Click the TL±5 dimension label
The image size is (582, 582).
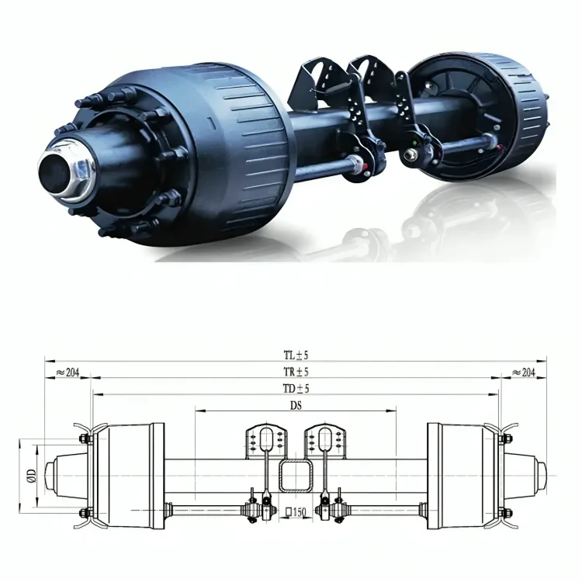coord(296,355)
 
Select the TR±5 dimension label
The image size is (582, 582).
coord(296,372)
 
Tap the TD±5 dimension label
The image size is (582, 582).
coord(296,388)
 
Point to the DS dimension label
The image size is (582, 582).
coord(295,405)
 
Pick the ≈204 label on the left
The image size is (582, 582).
coord(68,372)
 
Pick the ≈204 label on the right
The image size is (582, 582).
coord(523,372)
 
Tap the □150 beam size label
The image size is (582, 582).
coord(295,513)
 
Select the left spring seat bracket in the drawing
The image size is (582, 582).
coord(265,442)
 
